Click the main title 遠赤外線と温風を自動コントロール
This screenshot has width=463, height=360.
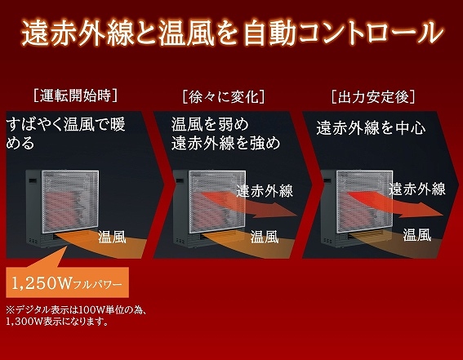pos(233,33)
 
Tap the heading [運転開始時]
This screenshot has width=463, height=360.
pos(76,96)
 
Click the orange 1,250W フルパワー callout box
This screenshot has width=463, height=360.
pos(67,282)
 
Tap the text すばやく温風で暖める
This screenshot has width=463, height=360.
pos(65,133)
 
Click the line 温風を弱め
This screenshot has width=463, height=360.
pos(210,124)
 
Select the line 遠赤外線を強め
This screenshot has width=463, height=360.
pos(225,143)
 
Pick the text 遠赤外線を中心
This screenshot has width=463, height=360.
pos(371,127)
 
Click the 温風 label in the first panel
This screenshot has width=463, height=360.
pos(112,237)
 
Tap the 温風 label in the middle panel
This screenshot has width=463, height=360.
pos(265,237)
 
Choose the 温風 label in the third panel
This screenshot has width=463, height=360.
pos(417,234)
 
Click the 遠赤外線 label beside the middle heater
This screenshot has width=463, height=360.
pos(265,191)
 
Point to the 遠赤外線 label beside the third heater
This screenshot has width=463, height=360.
pos(417,189)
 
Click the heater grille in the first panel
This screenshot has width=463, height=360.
pos(70,202)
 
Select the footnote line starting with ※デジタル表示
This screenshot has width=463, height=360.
pos(76,310)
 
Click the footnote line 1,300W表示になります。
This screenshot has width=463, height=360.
pos(56,322)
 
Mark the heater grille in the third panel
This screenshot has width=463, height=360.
pos(365,202)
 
